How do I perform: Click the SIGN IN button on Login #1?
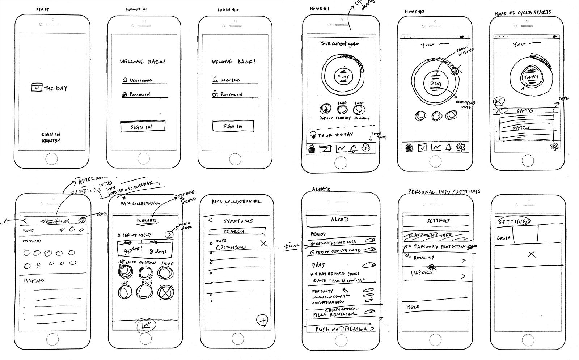pos(143,127)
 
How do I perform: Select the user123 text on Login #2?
pos(231,80)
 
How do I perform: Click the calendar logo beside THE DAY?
pos(37,87)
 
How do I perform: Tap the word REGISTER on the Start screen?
pos(51,140)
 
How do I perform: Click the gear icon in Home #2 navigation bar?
pos(461,147)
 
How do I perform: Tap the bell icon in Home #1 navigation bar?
pos(353,148)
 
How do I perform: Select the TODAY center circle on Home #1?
pos(343,76)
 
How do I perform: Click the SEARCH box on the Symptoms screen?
pos(237,231)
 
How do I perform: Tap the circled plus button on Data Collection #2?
pos(262,320)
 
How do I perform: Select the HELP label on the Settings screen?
pos(413,307)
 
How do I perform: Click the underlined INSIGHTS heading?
pos(147,221)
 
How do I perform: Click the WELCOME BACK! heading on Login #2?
pos(233,62)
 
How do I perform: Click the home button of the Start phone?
pos(51,158)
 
